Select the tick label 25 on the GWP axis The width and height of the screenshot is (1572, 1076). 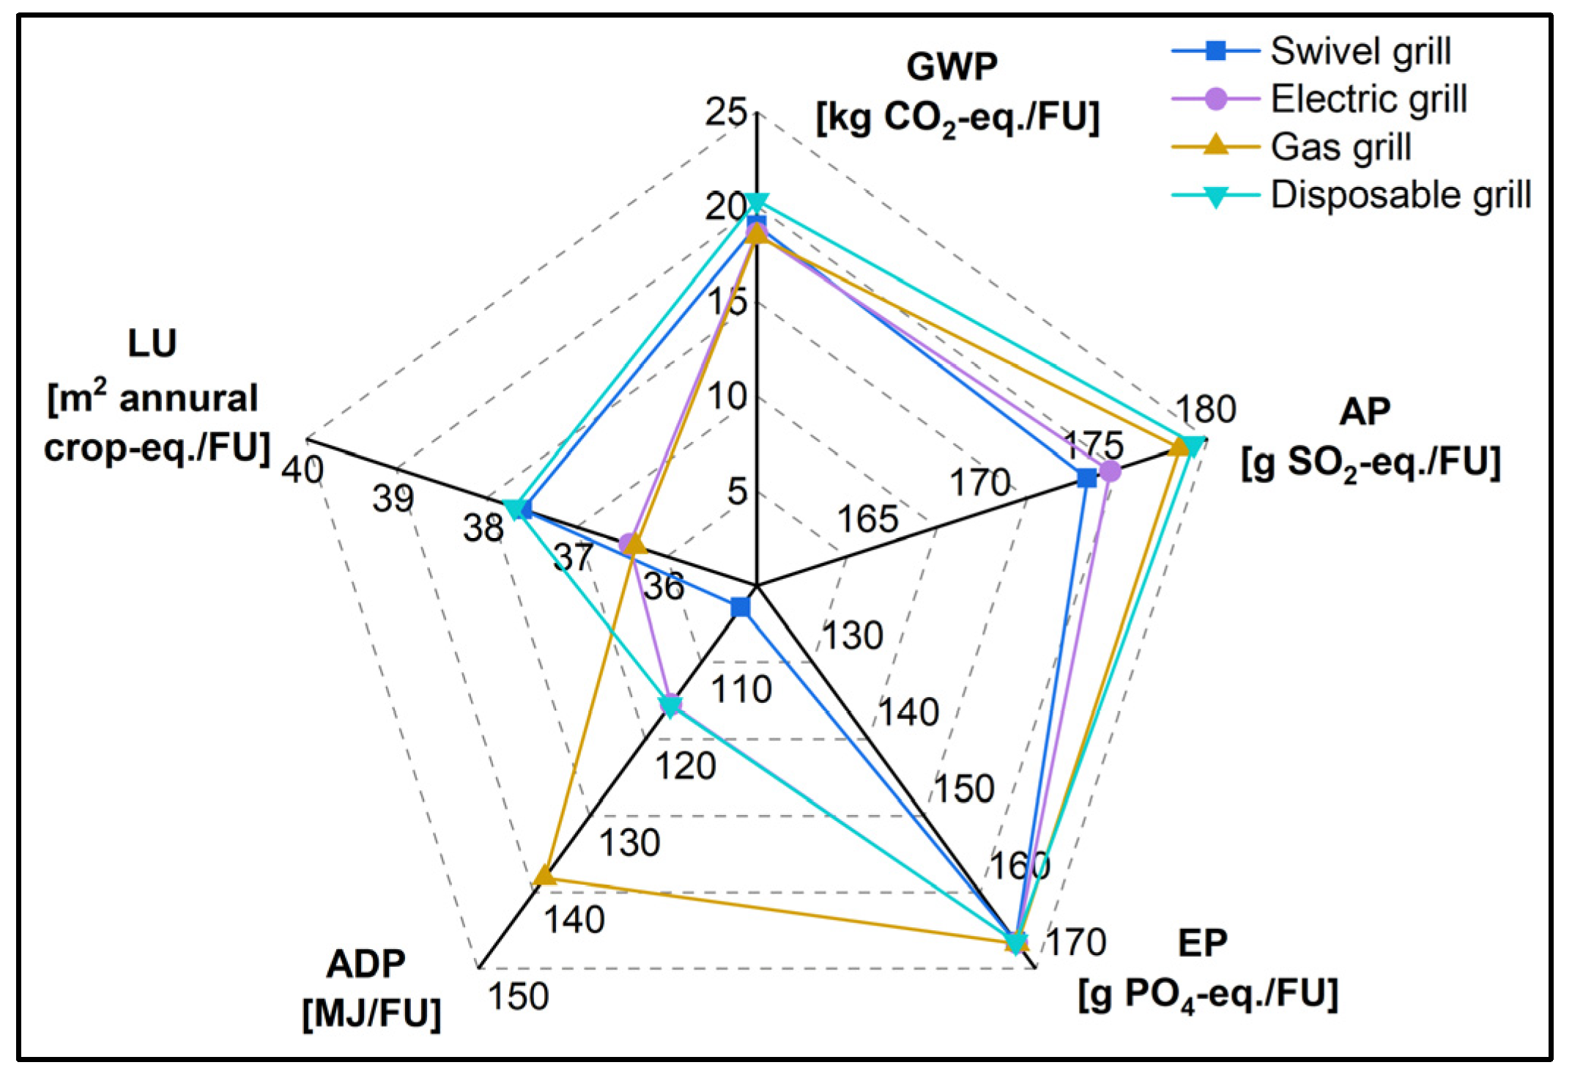pos(725,112)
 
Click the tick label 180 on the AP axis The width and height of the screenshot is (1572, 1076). pos(1206,409)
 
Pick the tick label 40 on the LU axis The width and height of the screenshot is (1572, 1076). pos(302,470)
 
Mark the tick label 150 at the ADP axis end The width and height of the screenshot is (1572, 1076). pos(518,997)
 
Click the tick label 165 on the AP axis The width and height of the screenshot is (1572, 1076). pos(867,520)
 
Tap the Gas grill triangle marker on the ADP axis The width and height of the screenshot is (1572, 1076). pos(544,875)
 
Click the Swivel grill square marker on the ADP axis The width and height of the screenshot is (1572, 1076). pos(741,607)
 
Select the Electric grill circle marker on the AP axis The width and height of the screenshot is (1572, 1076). pos(1111,471)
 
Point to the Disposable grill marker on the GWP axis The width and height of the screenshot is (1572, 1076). pos(757,202)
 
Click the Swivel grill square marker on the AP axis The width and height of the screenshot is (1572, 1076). pos(1087,479)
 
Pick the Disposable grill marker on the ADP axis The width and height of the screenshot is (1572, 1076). pos(670,707)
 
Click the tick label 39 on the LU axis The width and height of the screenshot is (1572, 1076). pos(393,499)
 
